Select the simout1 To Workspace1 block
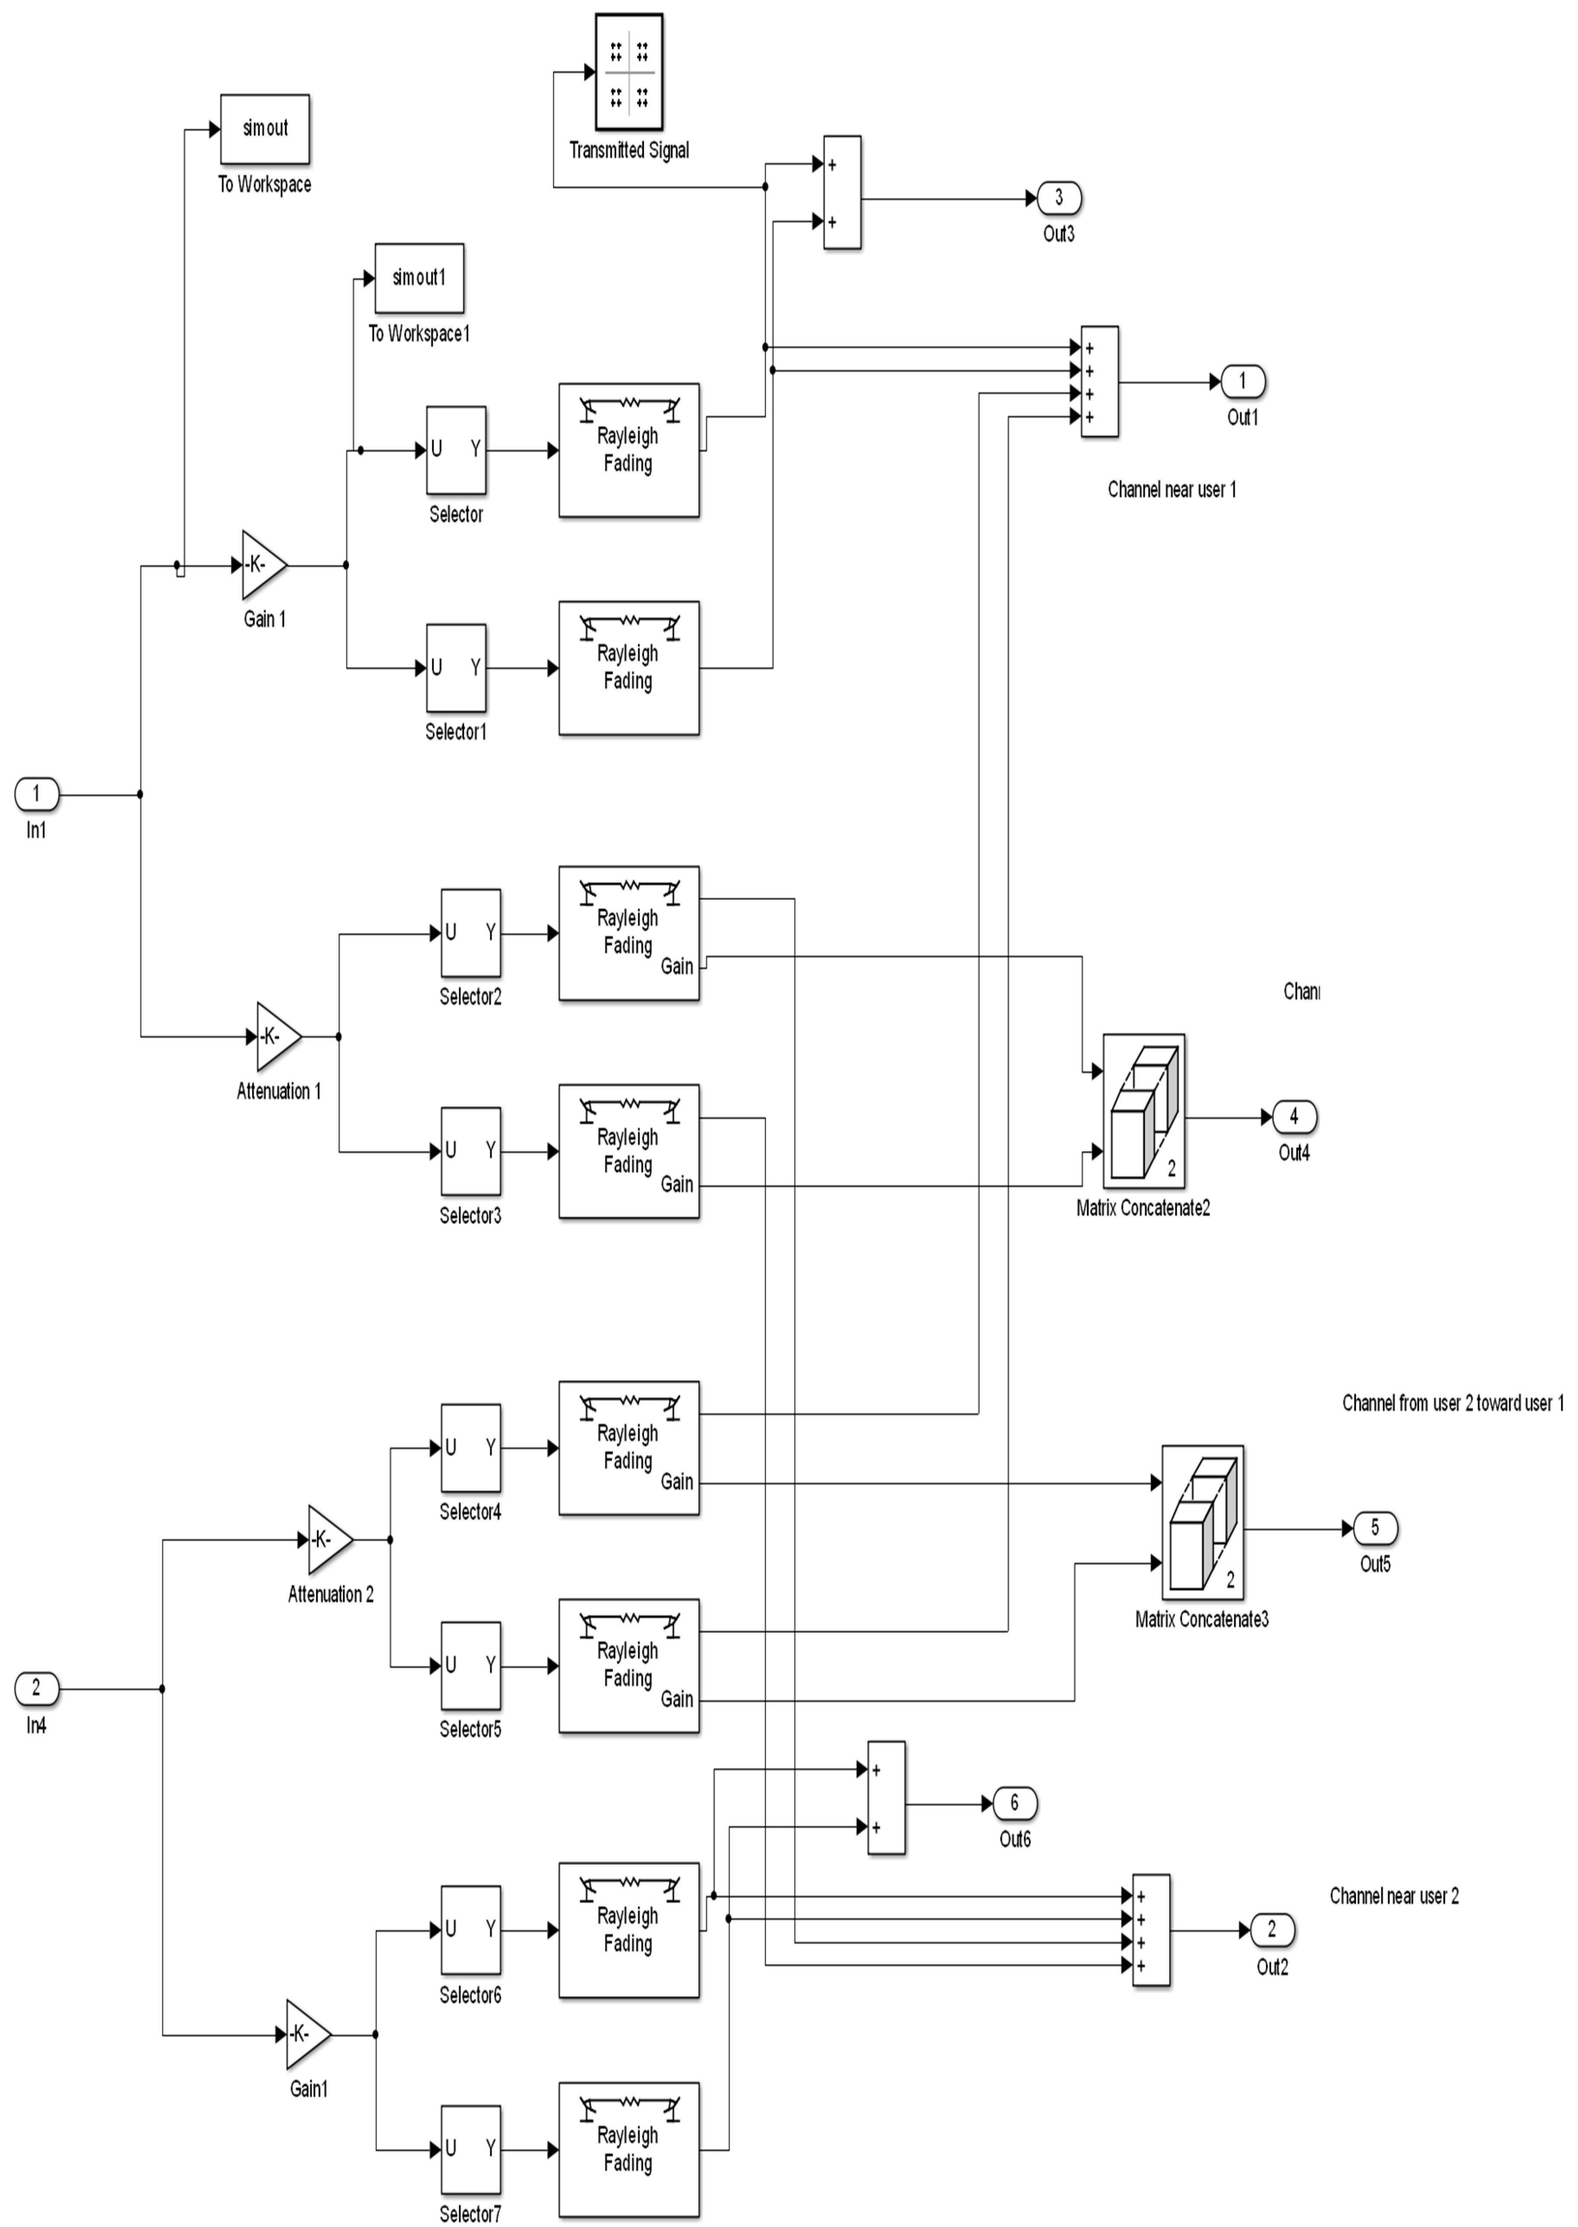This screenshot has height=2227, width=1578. click(419, 279)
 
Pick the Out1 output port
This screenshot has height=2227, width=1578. click(1242, 382)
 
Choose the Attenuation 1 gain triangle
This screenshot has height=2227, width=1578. click(277, 1036)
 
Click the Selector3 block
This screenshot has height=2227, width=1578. click(470, 1151)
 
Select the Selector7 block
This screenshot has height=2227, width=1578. click(470, 2149)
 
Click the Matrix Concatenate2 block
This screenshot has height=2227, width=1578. click(1144, 1110)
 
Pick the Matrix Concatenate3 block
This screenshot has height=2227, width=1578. click(1202, 1522)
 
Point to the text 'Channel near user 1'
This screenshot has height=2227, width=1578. click(1172, 490)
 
